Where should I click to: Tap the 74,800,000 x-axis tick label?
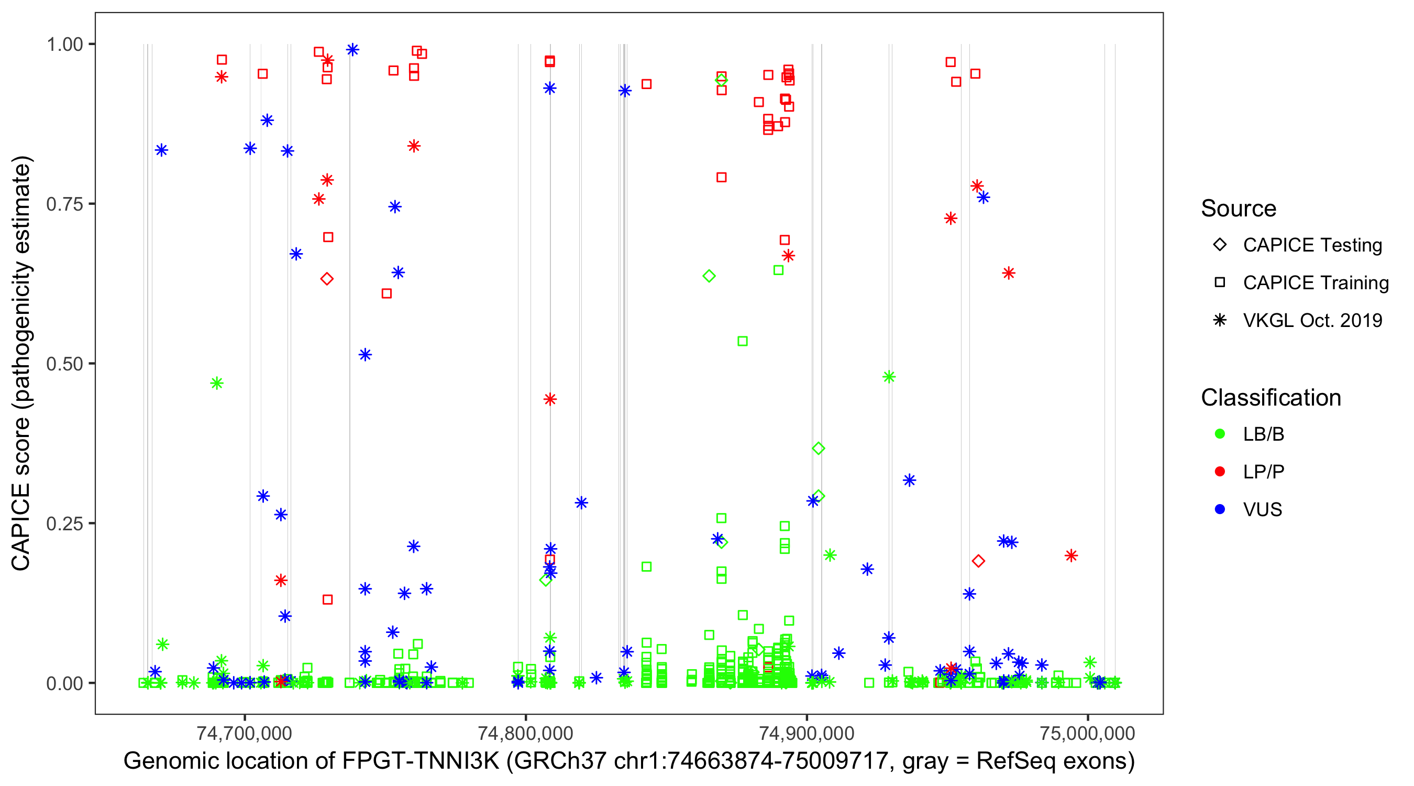coord(525,733)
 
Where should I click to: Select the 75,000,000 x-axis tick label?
coord(1087,733)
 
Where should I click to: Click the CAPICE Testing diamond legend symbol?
coord(1220,245)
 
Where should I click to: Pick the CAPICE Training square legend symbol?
coord(1220,283)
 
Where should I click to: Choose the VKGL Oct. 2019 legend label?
coord(1312,320)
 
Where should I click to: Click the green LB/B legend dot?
coord(1220,434)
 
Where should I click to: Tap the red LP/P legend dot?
coord(1220,472)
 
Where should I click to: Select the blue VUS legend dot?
coord(1220,509)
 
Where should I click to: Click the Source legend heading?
coord(1239,209)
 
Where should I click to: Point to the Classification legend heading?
coord(1271,398)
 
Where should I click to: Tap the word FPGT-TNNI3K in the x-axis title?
coord(421,761)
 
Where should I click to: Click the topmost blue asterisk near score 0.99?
coord(352,50)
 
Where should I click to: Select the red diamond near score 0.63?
coord(327,279)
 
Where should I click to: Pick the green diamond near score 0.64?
coord(709,276)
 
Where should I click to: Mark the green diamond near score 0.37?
coord(818,449)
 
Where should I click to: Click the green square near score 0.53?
coord(742,342)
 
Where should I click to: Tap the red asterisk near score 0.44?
coord(550,399)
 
